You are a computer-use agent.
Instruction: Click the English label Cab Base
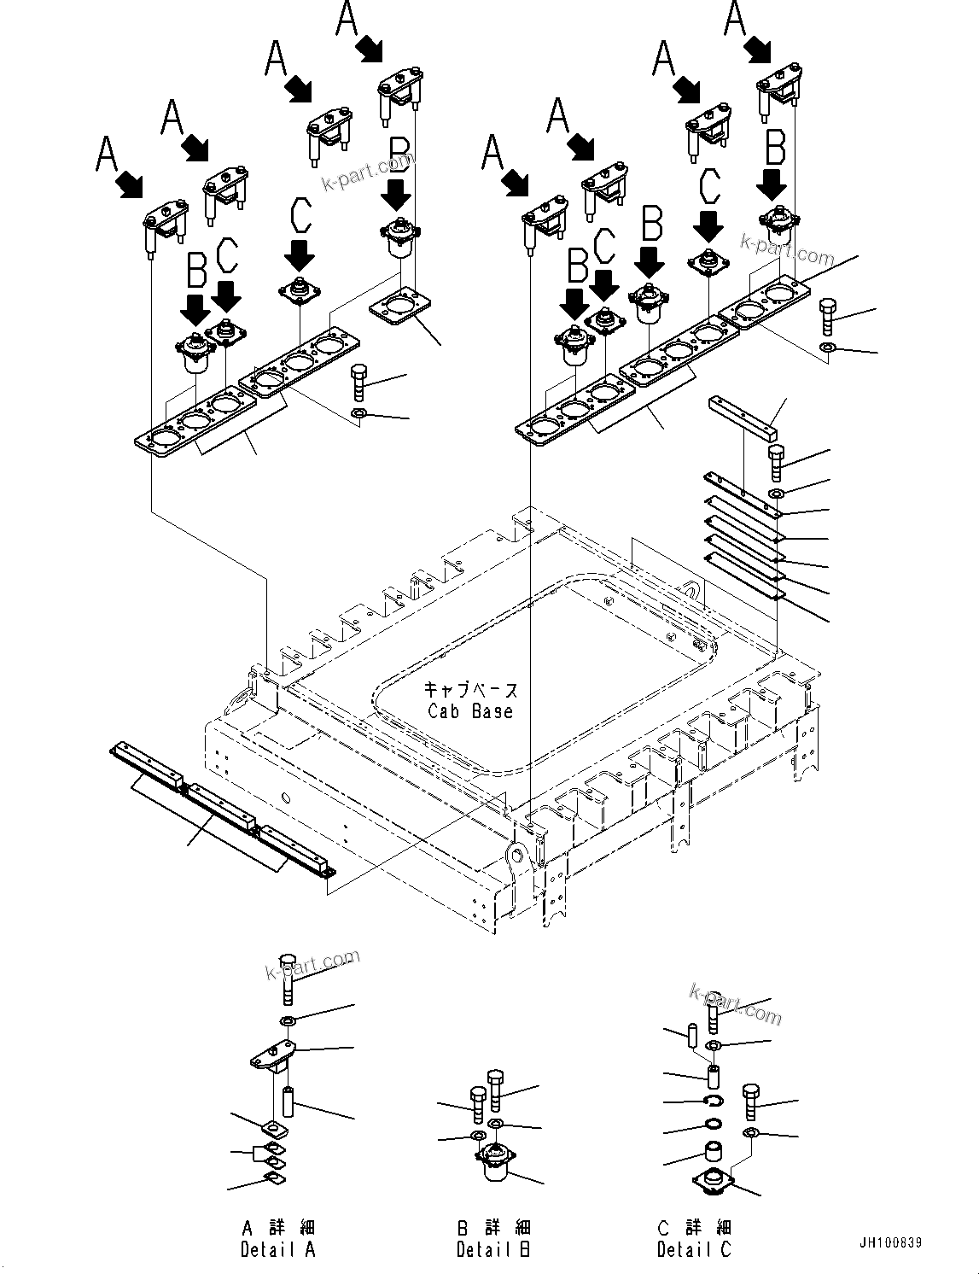[x=470, y=710]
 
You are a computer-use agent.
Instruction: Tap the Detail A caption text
[x=278, y=1249]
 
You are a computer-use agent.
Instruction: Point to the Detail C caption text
[x=694, y=1249]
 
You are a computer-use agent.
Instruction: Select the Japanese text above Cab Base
[x=470, y=690]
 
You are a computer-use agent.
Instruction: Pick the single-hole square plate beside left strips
[x=399, y=308]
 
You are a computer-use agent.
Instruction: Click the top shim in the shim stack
[x=743, y=496]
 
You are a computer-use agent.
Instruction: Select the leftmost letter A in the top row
[x=107, y=154]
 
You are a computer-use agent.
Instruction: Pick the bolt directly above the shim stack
[x=776, y=462]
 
